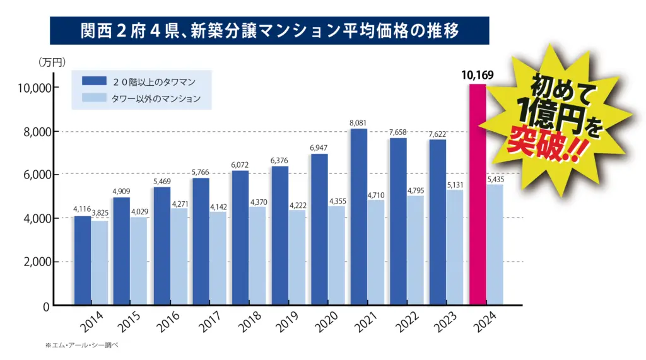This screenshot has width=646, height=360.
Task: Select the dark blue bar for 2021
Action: point(358,217)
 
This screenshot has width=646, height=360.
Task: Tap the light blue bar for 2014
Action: point(99,263)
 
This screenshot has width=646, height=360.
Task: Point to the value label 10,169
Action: point(477,76)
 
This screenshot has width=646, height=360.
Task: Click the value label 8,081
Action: point(358,123)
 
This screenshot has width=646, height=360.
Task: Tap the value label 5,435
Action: point(495,180)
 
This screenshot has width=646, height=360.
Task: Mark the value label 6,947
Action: point(319,148)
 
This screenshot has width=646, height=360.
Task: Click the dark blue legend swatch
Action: point(93,81)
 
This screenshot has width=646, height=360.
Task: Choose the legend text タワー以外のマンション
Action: point(156,98)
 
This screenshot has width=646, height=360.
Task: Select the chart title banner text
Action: point(269,30)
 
